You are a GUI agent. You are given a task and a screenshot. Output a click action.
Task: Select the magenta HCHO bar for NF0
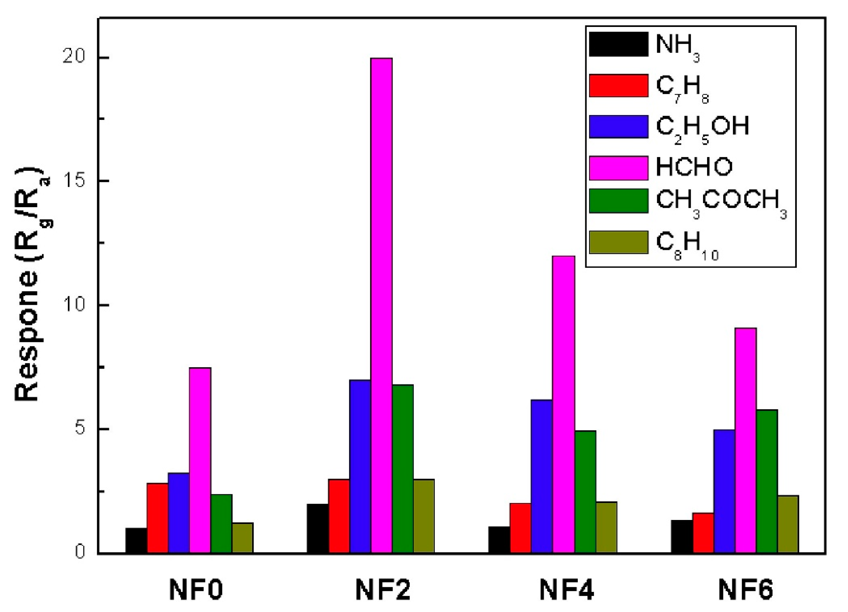pyautogui.click(x=200, y=460)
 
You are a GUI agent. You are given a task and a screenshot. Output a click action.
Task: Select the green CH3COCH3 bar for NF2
pyautogui.click(x=403, y=469)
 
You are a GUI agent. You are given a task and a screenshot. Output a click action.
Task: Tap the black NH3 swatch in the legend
pyautogui.click(x=618, y=44)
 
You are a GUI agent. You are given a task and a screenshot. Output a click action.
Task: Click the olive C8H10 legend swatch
pyautogui.click(x=618, y=242)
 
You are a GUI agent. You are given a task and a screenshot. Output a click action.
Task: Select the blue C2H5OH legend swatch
pyautogui.click(x=618, y=126)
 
